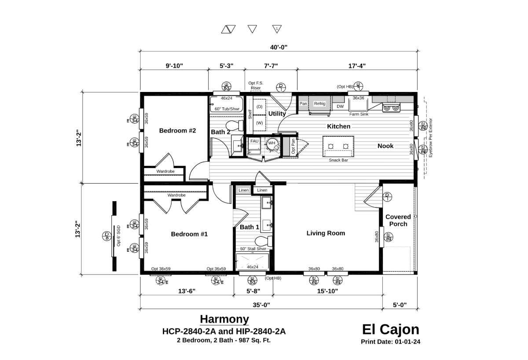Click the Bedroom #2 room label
(x=177, y=131)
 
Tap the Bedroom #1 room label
(x=189, y=234)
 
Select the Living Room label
(x=326, y=233)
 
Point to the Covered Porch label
(x=398, y=220)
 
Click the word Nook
(x=385, y=146)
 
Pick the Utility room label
(x=277, y=114)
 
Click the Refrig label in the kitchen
(x=319, y=103)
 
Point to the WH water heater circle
(x=271, y=143)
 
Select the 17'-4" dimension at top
(x=356, y=66)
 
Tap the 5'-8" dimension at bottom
(x=253, y=291)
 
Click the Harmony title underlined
(x=224, y=319)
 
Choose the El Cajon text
(x=390, y=329)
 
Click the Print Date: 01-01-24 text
(x=390, y=342)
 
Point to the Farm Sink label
(x=359, y=114)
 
